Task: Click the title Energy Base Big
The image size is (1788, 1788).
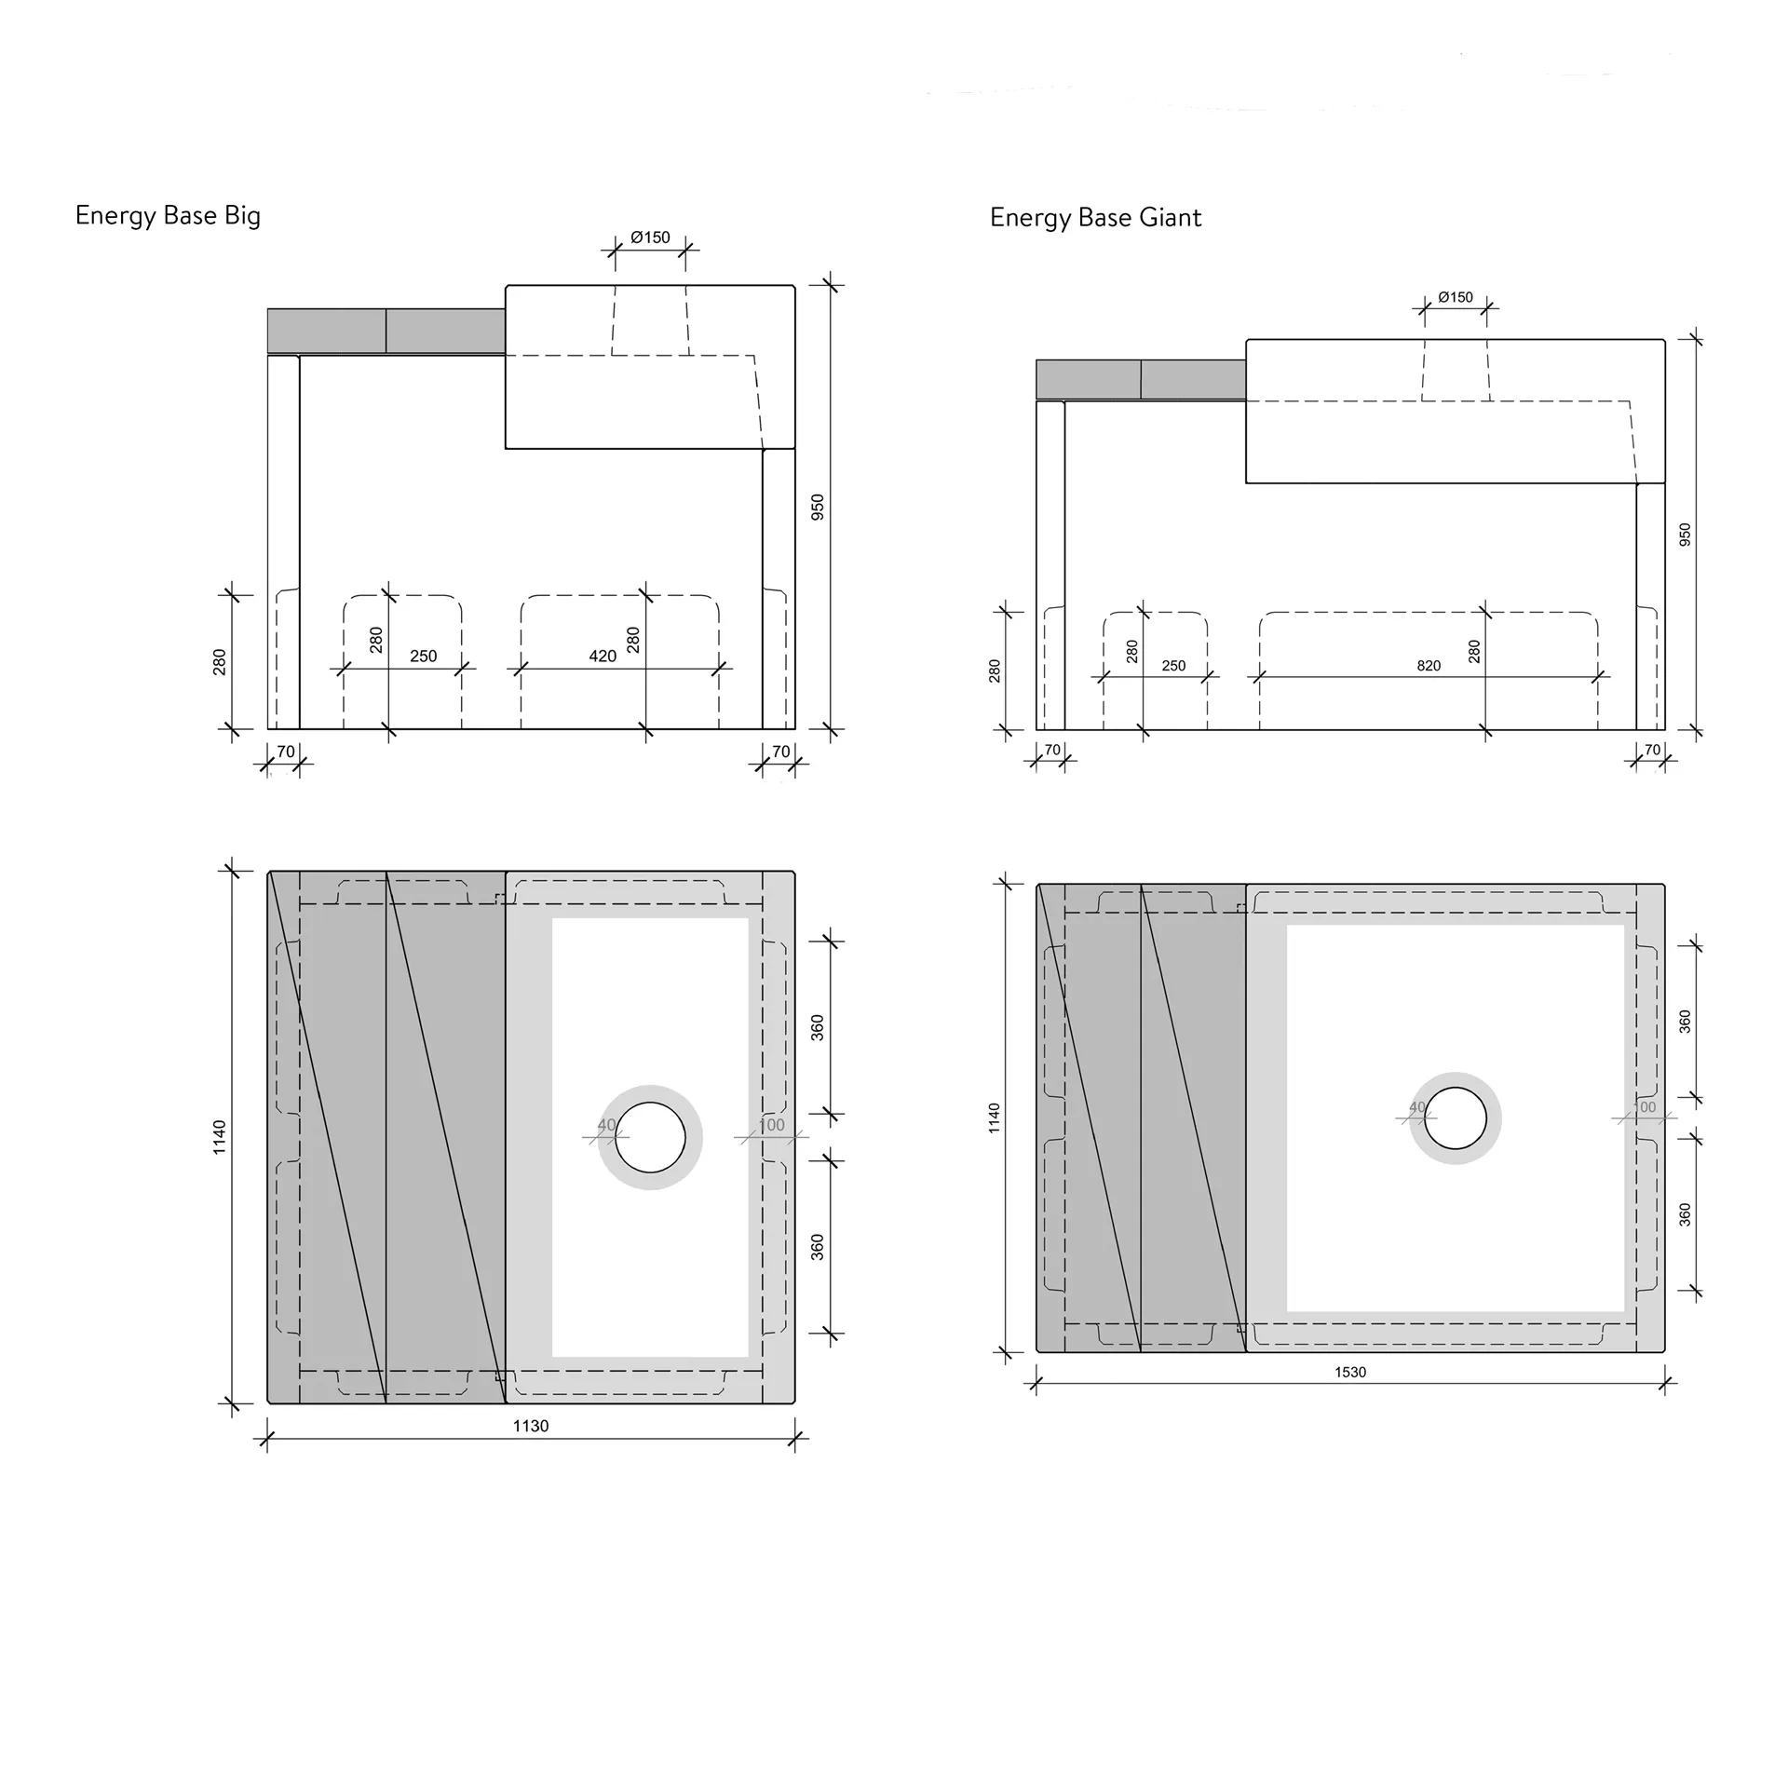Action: coord(168,216)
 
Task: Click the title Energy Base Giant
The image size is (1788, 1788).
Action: coord(1095,218)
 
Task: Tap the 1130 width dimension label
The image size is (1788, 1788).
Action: coord(531,1426)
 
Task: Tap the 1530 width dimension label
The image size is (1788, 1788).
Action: coord(1350,1372)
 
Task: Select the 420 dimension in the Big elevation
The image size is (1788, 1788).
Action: coord(603,657)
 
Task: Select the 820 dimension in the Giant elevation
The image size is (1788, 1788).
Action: coord(1429,666)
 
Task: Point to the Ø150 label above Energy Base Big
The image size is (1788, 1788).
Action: coord(650,237)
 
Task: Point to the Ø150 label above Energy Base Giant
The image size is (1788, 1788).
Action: coord(1456,297)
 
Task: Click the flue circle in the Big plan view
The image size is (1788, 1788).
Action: coord(650,1137)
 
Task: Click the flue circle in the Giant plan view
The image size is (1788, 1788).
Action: coord(1456,1117)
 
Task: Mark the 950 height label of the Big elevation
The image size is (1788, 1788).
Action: coord(818,507)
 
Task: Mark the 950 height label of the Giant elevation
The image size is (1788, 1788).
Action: coord(1685,535)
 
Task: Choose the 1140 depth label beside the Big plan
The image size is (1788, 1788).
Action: coord(220,1137)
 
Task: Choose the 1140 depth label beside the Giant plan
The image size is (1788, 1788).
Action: coord(995,1117)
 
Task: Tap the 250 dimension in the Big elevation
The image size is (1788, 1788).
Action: coord(424,657)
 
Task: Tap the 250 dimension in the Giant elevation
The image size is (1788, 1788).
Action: coord(1173,666)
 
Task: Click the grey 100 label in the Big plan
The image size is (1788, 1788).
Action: coord(771,1125)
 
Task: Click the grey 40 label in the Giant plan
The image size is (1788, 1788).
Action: coord(1417,1107)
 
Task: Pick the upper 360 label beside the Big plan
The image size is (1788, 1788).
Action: coord(818,1028)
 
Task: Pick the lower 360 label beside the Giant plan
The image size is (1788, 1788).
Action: coord(1685,1214)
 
